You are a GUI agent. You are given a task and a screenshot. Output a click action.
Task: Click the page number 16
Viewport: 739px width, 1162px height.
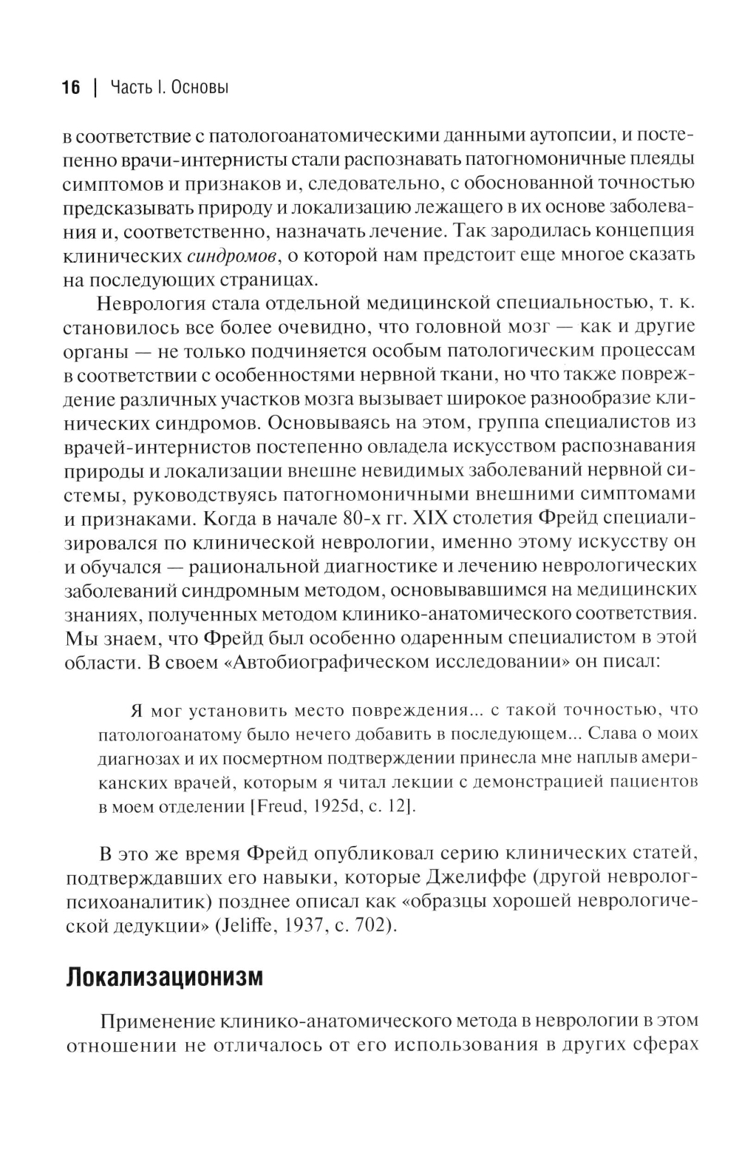[x=70, y=87]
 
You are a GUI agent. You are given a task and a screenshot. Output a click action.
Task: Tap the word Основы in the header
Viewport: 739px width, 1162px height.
[x=200, y=87]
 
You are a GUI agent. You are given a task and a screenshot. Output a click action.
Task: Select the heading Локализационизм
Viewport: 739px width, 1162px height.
[x=165, y=976]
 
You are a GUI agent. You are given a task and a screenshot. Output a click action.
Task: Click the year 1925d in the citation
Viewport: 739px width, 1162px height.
[x=342, y=805]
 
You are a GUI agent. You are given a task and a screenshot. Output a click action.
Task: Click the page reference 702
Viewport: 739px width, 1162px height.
[x=373, y=925]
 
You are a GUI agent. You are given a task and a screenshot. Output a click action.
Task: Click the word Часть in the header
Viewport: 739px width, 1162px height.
[x=129, y=87]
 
